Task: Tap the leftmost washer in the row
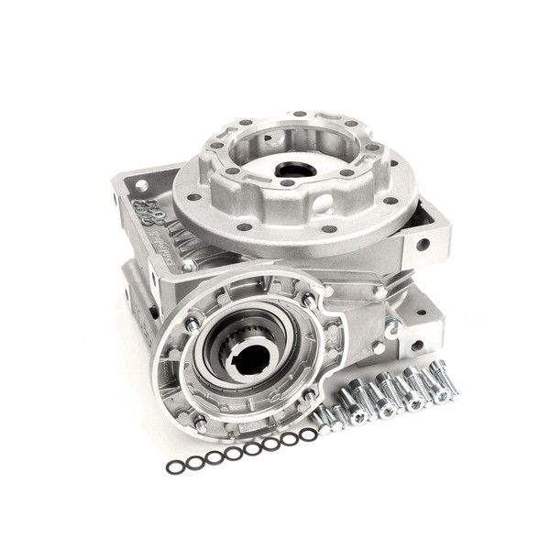click(x=173, y=467)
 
